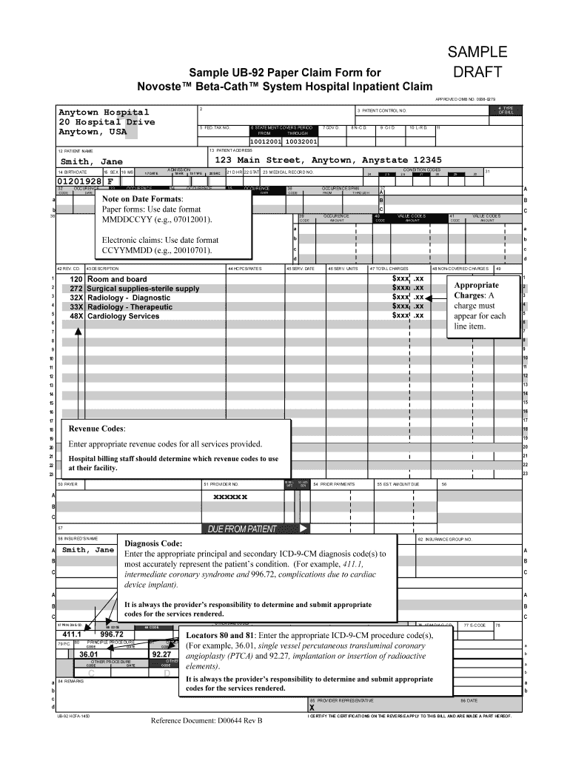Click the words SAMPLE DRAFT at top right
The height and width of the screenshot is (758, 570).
click(x=477, y=62)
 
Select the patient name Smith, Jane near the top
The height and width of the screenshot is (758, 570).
click(x=91, y=161)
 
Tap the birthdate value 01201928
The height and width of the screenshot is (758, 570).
click(x=79, y=180)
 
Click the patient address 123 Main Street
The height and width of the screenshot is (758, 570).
click(x=328, y=160)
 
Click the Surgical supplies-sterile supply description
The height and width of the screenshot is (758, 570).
click(x=143, y=289)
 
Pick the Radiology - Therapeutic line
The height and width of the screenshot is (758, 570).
click(x=130, y=306)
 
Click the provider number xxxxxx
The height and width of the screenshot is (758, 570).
click(x=230, y=497)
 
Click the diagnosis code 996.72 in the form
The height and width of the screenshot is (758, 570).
click(x=112, y=634)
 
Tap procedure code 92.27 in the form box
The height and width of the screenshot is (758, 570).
click(x=161, y=654)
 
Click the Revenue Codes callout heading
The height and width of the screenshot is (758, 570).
click(x=97, y=429)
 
